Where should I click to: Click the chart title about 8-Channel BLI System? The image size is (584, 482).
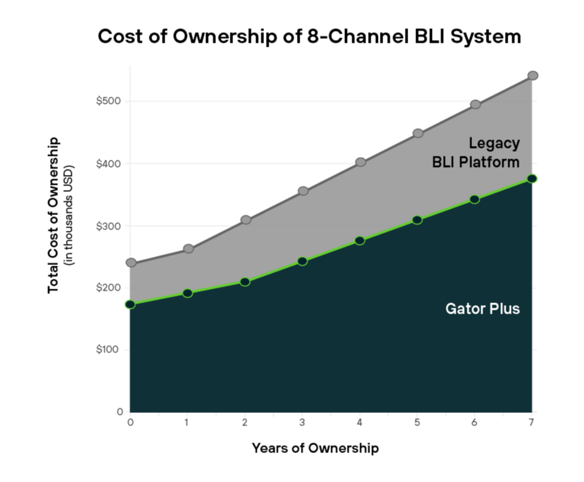pos(309,36)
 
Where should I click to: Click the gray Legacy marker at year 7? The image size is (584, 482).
pos(533,76)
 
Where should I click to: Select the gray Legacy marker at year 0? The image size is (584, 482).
pos(130,263)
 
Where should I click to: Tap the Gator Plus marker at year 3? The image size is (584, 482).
pos(302,261)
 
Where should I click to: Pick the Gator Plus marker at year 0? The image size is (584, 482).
pos(130,304)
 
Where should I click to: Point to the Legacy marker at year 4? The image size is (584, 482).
pos(360,162)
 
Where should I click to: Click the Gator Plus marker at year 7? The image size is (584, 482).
pos(533,178)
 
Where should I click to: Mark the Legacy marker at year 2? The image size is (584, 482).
pos(246,220)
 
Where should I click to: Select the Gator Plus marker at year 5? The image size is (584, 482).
pos(417,220)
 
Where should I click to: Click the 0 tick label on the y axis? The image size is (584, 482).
pos(119,412)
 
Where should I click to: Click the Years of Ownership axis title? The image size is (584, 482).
pos(315,448)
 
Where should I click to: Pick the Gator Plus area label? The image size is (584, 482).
pos(482,308)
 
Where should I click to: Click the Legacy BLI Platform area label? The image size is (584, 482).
pos(475,153)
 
